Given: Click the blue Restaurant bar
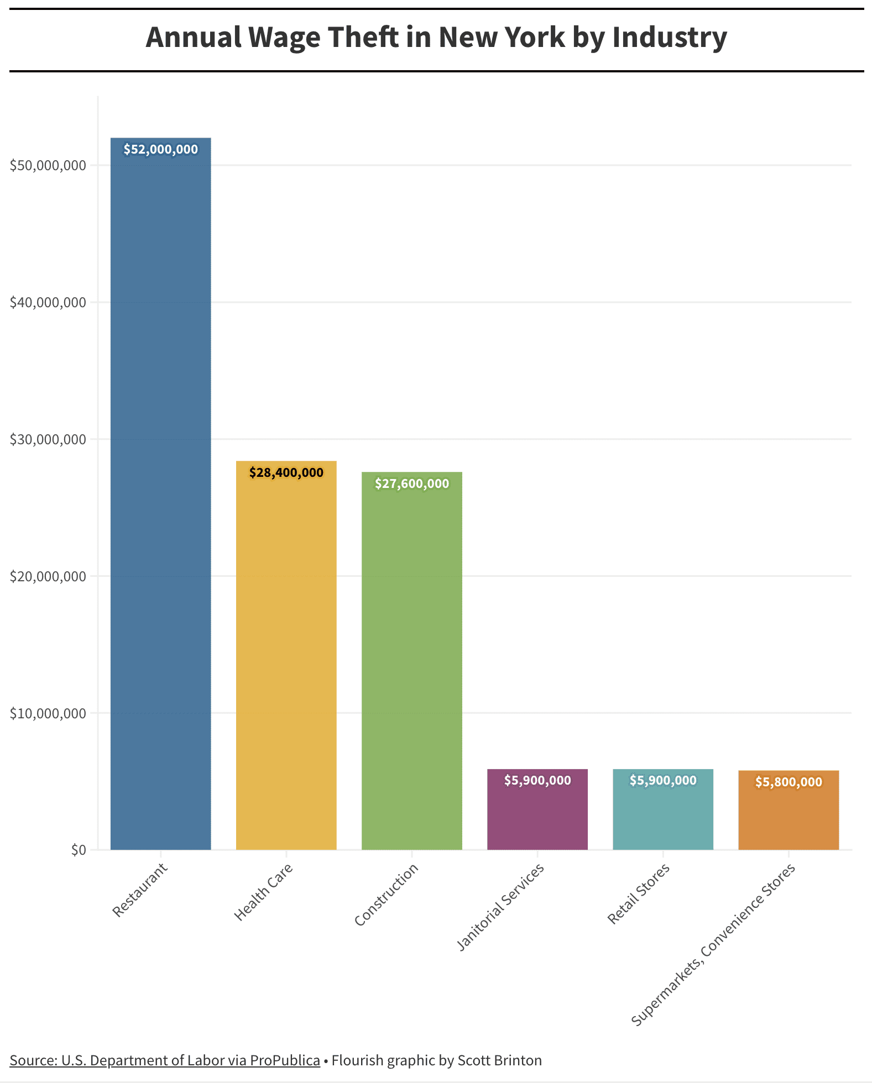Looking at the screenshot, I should click(x=160, y=497).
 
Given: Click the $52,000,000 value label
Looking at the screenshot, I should click(x=160, y=150).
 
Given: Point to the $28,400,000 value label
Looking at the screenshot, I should click(x=286, y=473).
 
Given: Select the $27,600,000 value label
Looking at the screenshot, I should click(x=411, y=484).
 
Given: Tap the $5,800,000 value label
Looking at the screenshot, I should click(x=789, y=782).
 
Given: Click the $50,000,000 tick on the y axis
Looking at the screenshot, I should click(x=48, y=165).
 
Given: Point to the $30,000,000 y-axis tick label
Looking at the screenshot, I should click(x=48, y=439).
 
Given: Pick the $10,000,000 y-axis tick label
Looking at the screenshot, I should click(x=48, y=713).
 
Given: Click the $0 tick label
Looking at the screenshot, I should click(x=79, y=850).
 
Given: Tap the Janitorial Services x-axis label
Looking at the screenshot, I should click(x=500, y=906).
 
